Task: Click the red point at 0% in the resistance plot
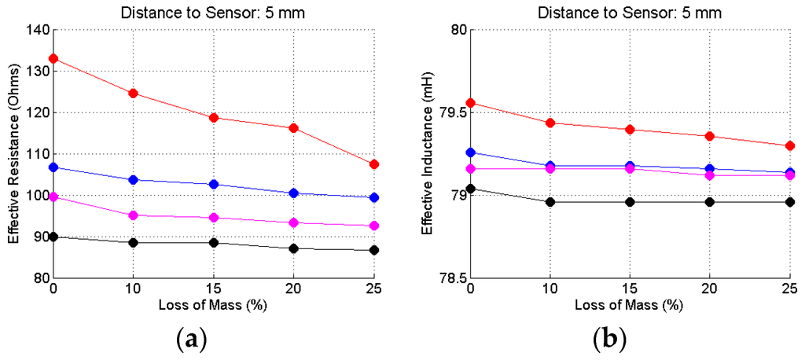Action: click(x=53, y=59)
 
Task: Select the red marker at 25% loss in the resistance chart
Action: click(x=374, y=164)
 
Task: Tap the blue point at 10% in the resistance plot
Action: click(x=134, y=180)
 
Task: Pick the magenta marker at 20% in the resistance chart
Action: click(x=294, y=222)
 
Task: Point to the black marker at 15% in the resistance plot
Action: click(x=214, y=243)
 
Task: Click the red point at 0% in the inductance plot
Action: click(x=471, y=103)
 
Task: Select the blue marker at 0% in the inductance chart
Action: click(x=471, y=152)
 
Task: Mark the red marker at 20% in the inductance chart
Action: click(x=711, y=136)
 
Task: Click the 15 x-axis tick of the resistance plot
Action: click(x=214, y=288)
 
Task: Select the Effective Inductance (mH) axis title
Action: click(x=427, y=154)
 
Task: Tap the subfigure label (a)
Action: click(x=192, y=339)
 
